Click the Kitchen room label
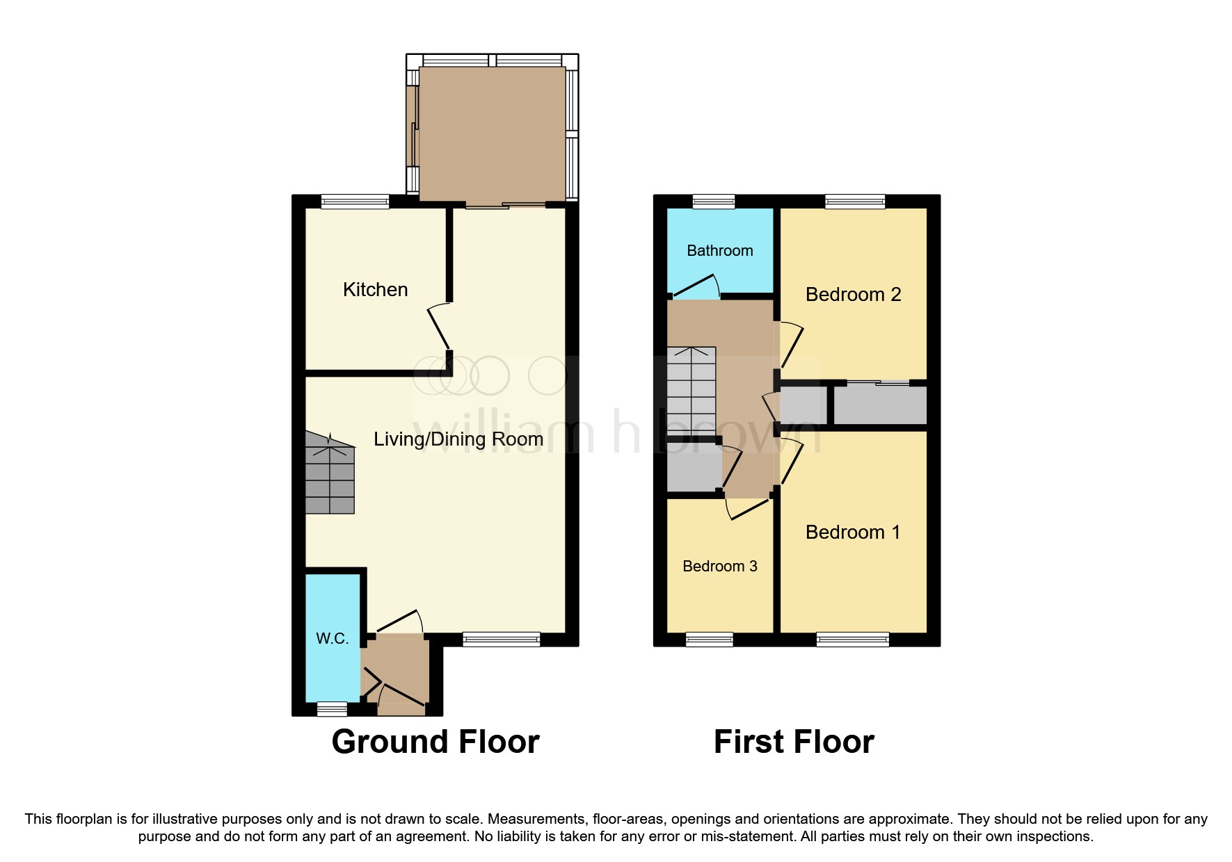pyautogui.click(x=375, y=290)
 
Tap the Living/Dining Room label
pyautogui.click(x=458, y=439)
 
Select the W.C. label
pyautogui.click(x=332, y=639)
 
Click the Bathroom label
pyautogui.click(x=719, y=251)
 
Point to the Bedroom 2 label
pyautogui.click(x=853, y=295)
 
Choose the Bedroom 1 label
pyautogui.click(x=853, y=532)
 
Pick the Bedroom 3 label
pyautogui.click(x=719, y=567)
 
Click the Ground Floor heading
pyautogui.click(x=435, y=742)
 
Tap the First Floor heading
pyautogui.click(x=794, y=742)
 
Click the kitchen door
pyautogui.click(x=439, y=329)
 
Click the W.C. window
pyautogui.click(x=332, y=709)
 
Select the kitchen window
pyautogui.click(x=355, y=202)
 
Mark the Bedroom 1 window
pyautogui.click(x=852, y=639)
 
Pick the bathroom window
pyautogui.click(x=714, y=202)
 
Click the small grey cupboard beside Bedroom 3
pyautogui.click(x=693, y=470)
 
